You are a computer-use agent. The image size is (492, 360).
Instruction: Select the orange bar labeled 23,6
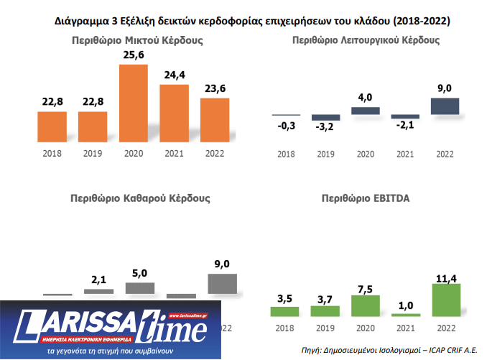coord(215,119)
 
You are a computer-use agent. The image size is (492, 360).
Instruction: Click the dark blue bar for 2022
coord(444,106)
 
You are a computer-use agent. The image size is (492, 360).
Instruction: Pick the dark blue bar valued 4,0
coord(366,111)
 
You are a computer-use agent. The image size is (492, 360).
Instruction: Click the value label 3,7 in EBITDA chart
coord(325,297)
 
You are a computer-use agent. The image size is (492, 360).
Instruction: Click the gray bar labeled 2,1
coord(99,291)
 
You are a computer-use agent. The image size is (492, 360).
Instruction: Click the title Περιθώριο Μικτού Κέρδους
coord(138,41)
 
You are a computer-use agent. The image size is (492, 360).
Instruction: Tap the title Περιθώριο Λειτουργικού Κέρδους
coord(366,41)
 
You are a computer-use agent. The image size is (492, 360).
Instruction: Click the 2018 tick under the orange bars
coord(52,153)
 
